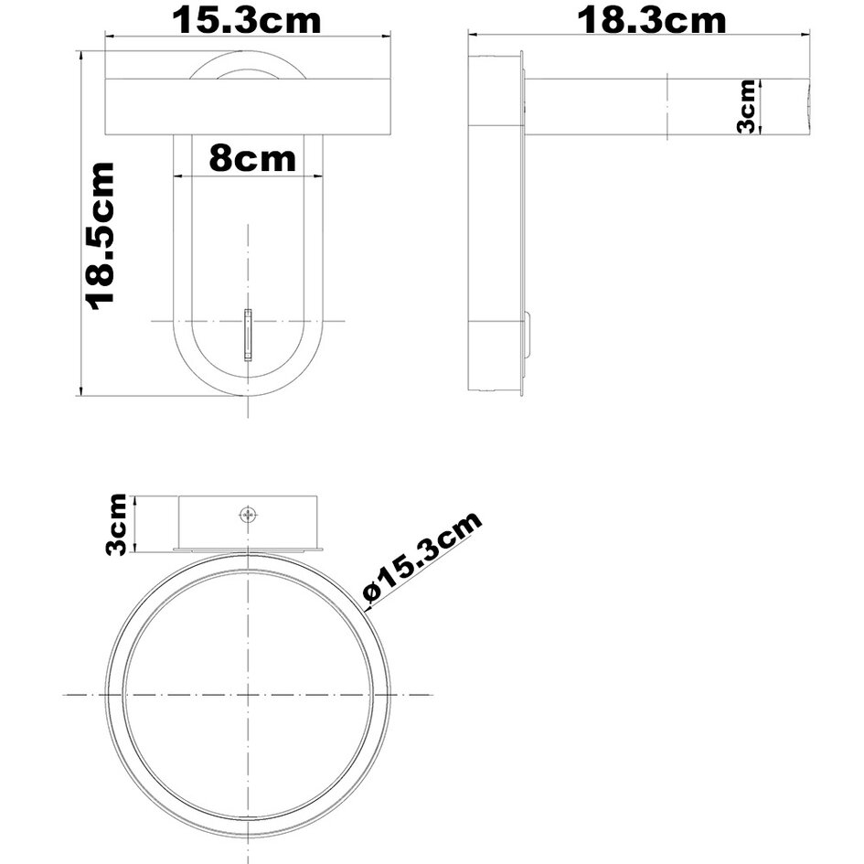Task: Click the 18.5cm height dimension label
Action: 100,235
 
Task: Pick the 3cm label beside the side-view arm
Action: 747,107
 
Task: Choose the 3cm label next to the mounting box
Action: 117,523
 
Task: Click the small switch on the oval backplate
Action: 248,335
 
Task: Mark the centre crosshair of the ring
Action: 248,695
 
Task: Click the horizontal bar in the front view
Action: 248,107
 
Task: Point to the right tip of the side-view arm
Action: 808,107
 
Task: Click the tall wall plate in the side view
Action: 495,224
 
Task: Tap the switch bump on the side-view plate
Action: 528,336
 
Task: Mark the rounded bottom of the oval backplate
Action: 248,389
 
